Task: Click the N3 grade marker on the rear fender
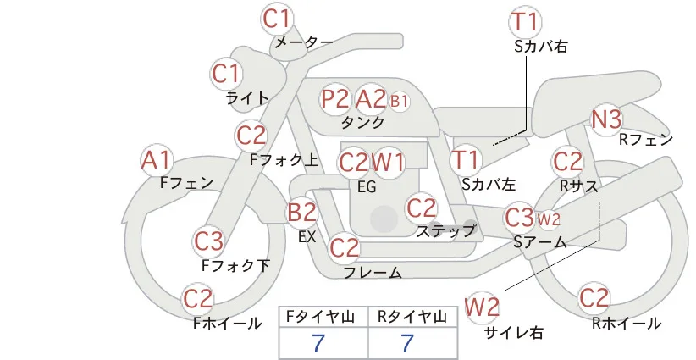[606, 119]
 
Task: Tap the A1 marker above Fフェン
[157, 160]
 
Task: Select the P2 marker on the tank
[335, 99]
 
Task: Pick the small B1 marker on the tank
[399, 101]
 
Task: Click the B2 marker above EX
[301, 212]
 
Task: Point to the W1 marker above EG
[388, 163]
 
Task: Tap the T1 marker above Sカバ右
[525, 22]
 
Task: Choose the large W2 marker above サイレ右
[482, 307]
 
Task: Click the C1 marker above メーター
[277, 19]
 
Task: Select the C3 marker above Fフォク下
[208, 241]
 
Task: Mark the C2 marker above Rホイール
[594, 298]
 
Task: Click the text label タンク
[363, 122]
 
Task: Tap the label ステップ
[446, 231]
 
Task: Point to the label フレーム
[373, 272]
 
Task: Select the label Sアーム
[540, 242]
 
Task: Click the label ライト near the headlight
[247, 97]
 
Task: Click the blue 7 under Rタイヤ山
[407, 343]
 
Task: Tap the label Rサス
[579, 186]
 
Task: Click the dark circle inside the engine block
[384, 219]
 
